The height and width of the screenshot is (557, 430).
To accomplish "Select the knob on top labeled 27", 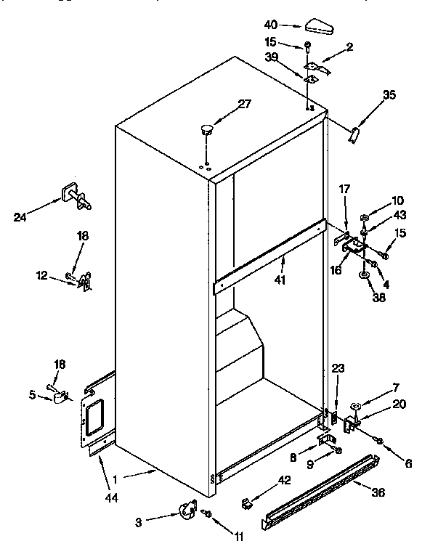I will pyautogui.click(x=207, y=131).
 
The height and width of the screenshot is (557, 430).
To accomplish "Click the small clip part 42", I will pyautogui.click(x=248, y=501).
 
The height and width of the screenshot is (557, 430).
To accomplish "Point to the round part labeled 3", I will pyautogui.click(x=188, y=511).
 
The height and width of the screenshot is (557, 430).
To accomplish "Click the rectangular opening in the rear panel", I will pyautogui.click(x=93, y=420).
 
